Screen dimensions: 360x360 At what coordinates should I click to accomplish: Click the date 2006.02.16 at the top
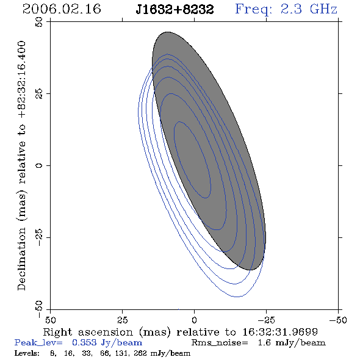(62, 9)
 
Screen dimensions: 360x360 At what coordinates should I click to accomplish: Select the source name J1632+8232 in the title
(175, 10)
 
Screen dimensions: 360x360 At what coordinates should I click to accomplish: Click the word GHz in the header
(324, 9)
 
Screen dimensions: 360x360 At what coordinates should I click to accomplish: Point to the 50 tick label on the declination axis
(39, 22)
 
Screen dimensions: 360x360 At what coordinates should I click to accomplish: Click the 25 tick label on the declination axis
(39, 94)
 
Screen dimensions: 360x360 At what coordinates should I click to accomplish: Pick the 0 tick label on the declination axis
(39, 165)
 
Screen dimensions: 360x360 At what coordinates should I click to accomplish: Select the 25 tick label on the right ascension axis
(123, 320)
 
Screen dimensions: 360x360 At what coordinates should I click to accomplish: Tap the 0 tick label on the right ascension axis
(194, 320)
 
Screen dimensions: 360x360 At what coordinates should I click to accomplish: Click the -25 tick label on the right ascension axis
(266, 320)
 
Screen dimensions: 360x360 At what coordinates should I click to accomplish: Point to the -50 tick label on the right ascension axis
(338, 320)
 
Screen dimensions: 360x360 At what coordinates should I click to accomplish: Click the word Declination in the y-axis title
(21, 259)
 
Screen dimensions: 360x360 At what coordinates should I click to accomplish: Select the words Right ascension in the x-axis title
(88, 332)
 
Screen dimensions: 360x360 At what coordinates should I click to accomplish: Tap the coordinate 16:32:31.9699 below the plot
(280, 332)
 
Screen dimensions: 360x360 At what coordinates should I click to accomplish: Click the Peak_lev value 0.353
(84, 342)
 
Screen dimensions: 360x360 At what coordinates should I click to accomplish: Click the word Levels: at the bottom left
(27, 353)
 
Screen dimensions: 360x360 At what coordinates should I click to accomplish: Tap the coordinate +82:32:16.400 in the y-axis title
(21, 79)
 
